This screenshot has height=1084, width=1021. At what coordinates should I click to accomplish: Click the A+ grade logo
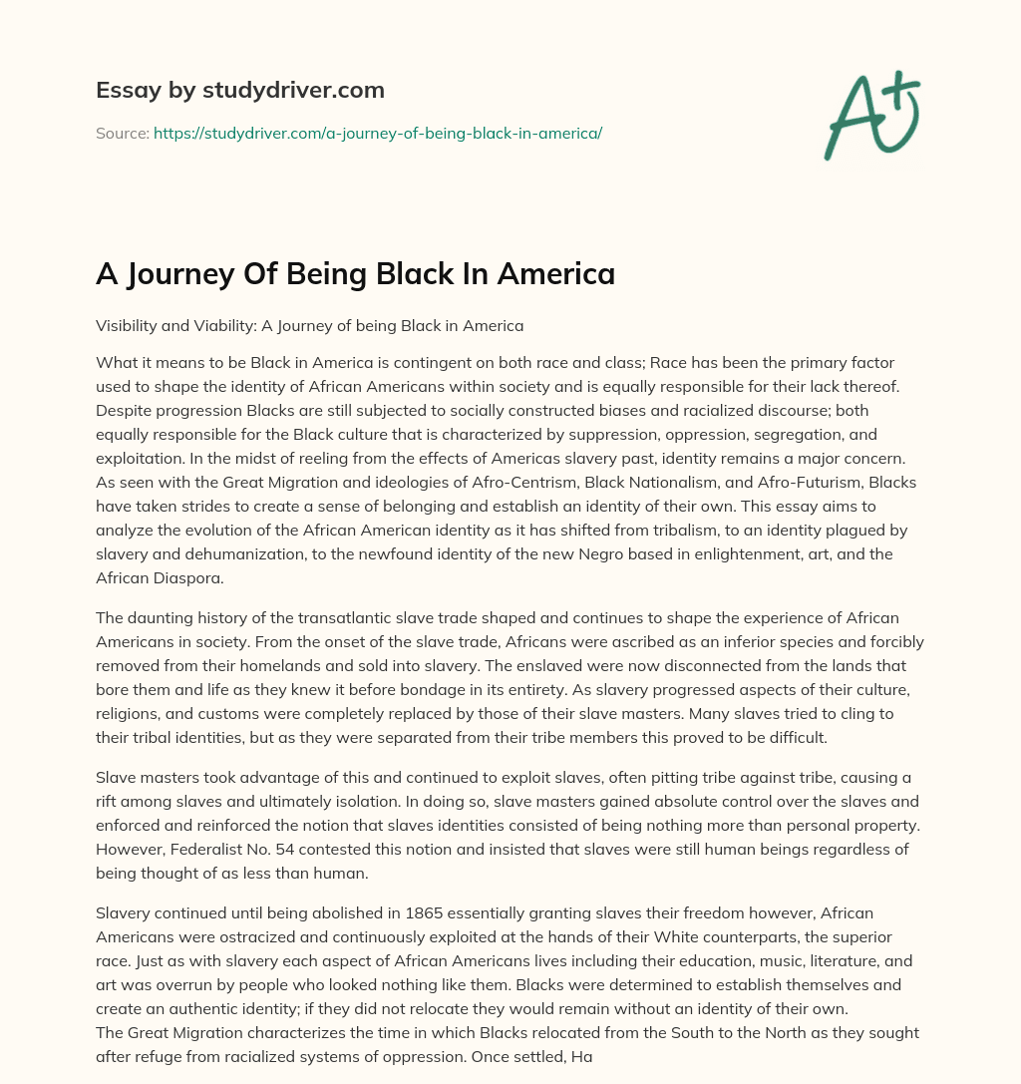coord(870,116)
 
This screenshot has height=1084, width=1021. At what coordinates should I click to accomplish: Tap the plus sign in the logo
coord(901,91)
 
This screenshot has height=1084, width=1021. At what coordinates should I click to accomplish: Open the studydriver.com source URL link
coord(377,132)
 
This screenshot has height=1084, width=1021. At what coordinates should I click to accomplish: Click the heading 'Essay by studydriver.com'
coord(239,90)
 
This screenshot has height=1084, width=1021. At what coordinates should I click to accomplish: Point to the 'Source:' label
coord(122,132)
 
